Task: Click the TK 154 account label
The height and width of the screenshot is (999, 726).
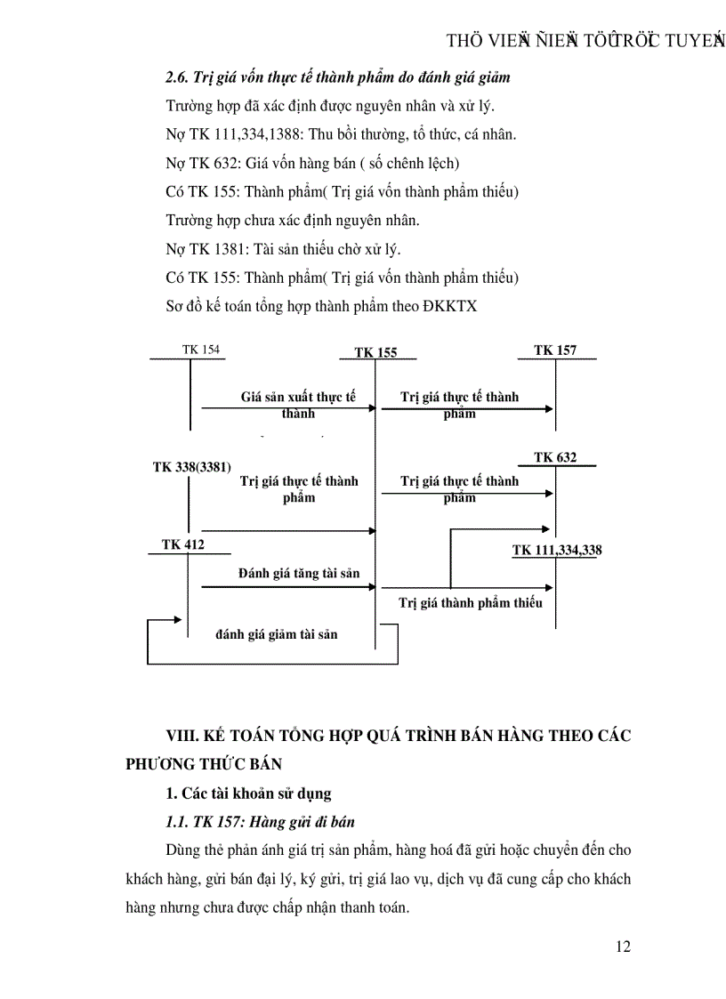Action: coord(201,350)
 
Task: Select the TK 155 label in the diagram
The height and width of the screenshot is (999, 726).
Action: coord(375,352)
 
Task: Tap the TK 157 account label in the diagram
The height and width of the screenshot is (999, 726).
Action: coord(555,350)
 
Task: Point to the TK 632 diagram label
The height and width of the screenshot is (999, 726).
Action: coord(555,457)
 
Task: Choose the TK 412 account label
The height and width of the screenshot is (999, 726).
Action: coord(183,544)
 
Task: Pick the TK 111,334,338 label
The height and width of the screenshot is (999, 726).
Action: coord(557,550)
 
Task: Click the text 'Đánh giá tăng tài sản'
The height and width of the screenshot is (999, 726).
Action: coord(299,573)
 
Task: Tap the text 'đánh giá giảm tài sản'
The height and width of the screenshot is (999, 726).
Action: coord(277,634)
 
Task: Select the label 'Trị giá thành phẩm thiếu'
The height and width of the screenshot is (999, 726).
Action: coord(471,602)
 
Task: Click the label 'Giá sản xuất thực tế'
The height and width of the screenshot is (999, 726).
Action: coord(298,397)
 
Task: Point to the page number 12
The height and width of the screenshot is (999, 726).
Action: coord(623,946)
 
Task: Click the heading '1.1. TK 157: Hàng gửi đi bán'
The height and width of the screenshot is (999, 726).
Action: coord(262,821)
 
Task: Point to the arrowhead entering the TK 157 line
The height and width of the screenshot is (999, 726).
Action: coord(550,409)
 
